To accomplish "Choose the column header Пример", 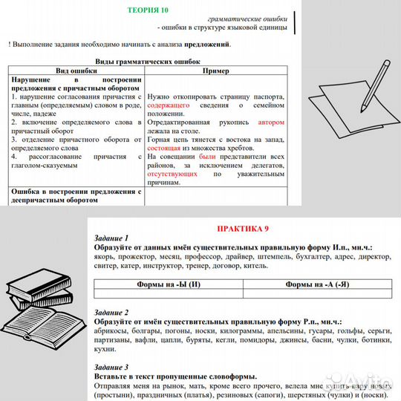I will [215, 71].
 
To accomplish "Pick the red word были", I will [208, 157].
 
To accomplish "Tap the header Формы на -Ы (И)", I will [169, 284].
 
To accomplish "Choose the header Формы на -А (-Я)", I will [317, 284].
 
